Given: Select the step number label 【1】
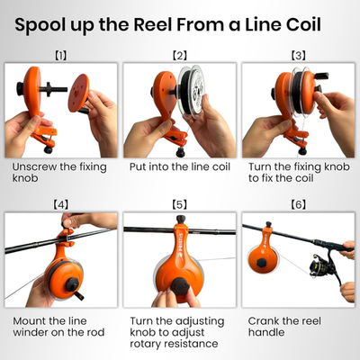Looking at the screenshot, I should coord(60,56).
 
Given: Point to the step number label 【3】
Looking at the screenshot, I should coord(299,56).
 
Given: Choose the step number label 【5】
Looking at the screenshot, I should coord(179,205).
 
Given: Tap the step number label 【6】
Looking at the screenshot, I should coord(299,205).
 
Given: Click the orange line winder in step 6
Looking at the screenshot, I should coord(265,257).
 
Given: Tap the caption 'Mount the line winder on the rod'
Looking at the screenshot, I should coord(59,327).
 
